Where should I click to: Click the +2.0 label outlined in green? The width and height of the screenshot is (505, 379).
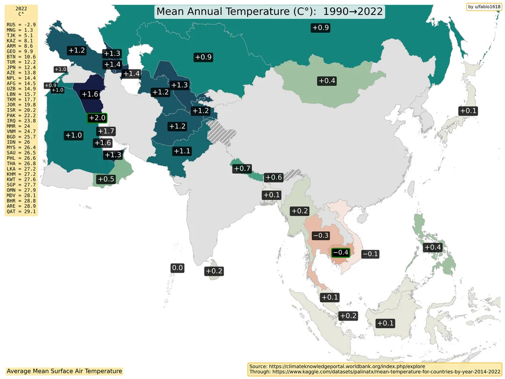tap(97, 118)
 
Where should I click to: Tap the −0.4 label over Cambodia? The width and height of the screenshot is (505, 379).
tap(340, 253)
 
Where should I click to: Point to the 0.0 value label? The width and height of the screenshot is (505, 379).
tap(177, 268)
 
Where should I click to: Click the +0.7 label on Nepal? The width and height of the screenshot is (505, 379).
tap(242, 168)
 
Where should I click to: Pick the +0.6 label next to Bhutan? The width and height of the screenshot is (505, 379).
tap(273, 177)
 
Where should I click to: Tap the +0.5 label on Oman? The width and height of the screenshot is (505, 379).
tap(106, 179)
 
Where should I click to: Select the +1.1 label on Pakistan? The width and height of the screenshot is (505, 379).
tap(181, 151)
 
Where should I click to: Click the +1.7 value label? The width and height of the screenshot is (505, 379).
tap(106, 131)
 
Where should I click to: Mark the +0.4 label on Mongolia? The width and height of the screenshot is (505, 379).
tap(327, 81)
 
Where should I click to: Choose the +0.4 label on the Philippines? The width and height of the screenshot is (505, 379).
tap(432, 247)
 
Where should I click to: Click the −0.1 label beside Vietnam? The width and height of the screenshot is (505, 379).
tap(370, 254)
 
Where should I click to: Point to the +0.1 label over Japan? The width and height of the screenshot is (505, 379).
tap(468, 111)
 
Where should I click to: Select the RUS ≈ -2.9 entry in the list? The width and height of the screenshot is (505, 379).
tap(21, 23)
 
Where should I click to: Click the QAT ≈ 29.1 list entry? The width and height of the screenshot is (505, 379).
tap(21, 212)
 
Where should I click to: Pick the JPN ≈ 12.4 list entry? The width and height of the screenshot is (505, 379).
tap(21, 67)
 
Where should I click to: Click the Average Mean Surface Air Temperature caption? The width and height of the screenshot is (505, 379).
tap(65, 371)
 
